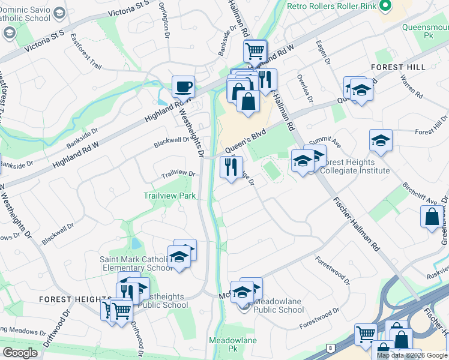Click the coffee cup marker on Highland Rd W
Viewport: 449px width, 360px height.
tap(183, 86)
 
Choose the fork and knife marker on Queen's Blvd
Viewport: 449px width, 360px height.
tap(231, 166)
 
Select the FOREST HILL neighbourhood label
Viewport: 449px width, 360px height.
tap(398, 67)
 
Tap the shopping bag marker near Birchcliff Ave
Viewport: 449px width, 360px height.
tap(432, 218)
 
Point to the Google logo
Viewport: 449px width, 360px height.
tap(20, 353)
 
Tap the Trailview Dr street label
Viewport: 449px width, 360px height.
tap(179, 174)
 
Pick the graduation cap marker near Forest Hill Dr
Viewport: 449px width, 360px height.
tap(381, 141)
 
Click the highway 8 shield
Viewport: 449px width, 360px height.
tap(330, 348)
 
